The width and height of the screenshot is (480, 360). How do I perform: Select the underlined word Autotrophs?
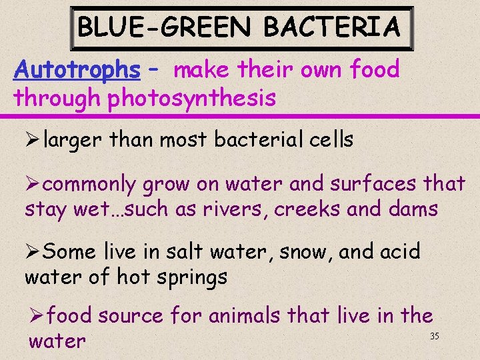(x=77, y=69)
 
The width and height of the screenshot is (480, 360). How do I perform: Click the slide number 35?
(x=434, y=336)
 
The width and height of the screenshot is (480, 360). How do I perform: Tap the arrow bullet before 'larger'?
(x=33, y=141)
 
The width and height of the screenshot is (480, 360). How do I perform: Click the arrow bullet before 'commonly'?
(x=33, y=184)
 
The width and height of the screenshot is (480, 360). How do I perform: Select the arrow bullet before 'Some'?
(x=33, y=252)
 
